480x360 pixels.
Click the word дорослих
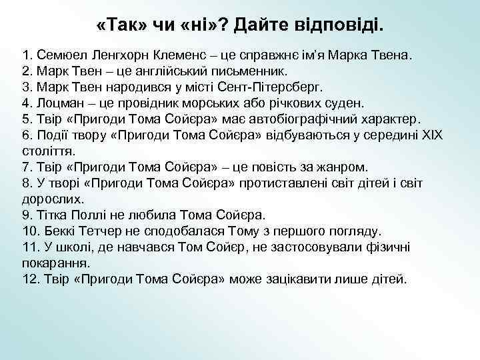pyautogui.click(x=53, y=199)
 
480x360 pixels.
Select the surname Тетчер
pyautogui.click(x=103, y=231)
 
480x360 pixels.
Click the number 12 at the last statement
pyautogui.click(x=29, y=279)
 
